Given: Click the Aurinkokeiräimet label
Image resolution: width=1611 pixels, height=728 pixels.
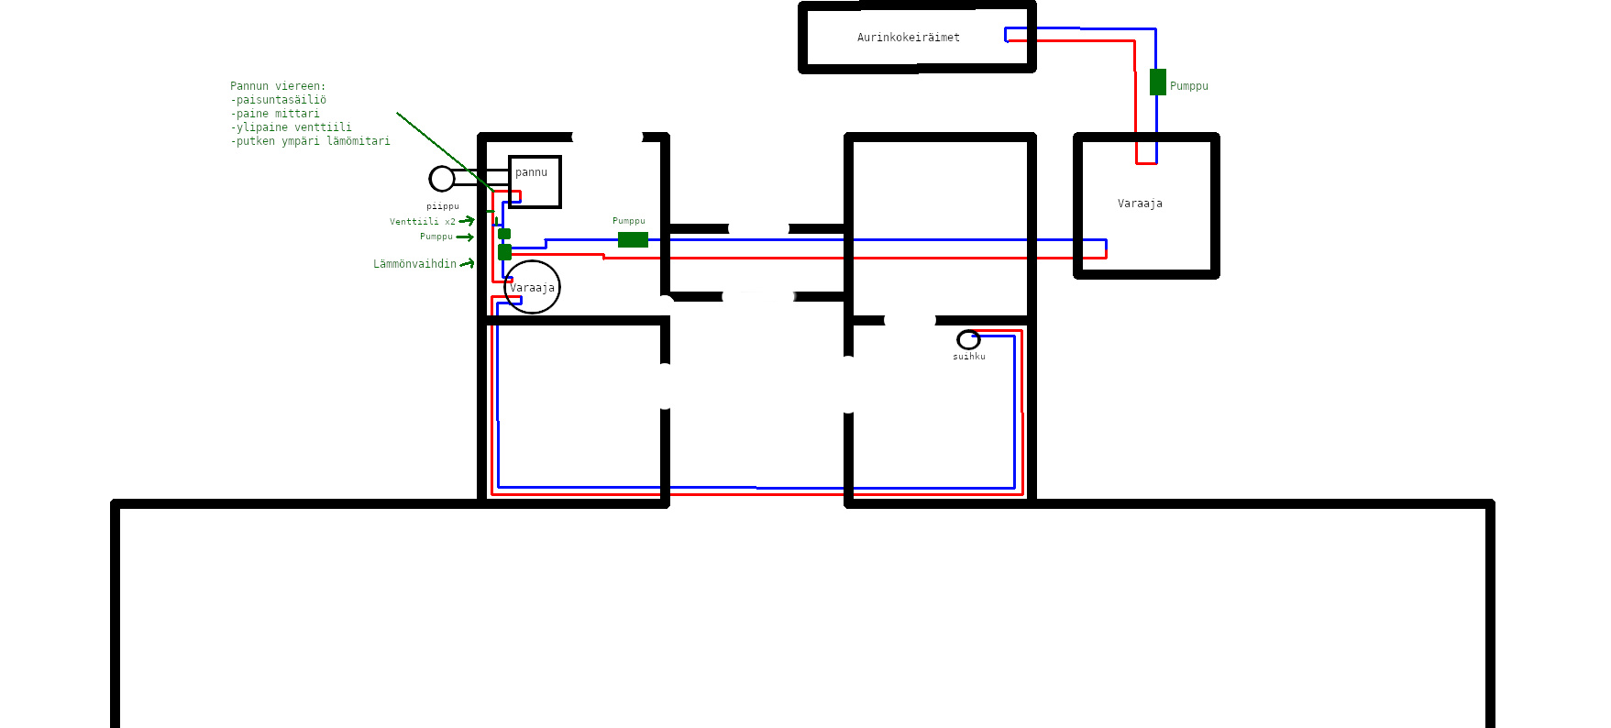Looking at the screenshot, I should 908,38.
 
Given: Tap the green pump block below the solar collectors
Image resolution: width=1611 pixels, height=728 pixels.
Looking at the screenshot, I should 1157,82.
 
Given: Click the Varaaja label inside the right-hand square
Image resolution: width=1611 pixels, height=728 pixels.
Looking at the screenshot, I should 1140,204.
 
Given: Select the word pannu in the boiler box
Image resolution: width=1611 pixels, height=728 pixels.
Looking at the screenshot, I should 531,172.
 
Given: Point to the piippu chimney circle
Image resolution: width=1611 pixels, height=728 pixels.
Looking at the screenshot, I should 442,178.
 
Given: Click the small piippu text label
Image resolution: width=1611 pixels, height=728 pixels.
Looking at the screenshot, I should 442,206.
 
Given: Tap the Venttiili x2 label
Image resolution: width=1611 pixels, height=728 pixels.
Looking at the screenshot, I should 422,222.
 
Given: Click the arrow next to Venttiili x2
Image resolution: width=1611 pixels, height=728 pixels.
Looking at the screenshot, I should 467,221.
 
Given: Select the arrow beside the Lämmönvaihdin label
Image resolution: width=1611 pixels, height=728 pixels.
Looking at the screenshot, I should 467,264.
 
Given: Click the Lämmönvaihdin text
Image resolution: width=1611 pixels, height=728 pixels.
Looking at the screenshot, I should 414,264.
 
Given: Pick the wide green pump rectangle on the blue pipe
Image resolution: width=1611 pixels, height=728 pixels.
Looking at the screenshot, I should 633,239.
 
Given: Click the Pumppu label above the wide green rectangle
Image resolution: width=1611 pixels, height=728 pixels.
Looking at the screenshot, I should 628,221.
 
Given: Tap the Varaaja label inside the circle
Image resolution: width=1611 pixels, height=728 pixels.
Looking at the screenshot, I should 532,288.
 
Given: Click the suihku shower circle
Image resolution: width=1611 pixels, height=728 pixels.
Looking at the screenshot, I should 968,339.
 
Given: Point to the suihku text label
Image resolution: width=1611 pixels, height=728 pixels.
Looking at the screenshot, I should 968,357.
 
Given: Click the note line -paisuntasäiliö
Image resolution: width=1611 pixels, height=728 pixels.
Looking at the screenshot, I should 278,100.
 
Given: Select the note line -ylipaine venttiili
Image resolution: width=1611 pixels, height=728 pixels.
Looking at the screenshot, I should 291,127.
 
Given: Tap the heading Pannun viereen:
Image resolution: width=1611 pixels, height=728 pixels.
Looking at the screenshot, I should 278,86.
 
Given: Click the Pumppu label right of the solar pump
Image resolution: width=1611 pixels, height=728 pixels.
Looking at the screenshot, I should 1188,86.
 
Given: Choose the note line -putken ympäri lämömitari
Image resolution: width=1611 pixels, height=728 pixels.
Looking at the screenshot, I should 310,141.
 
